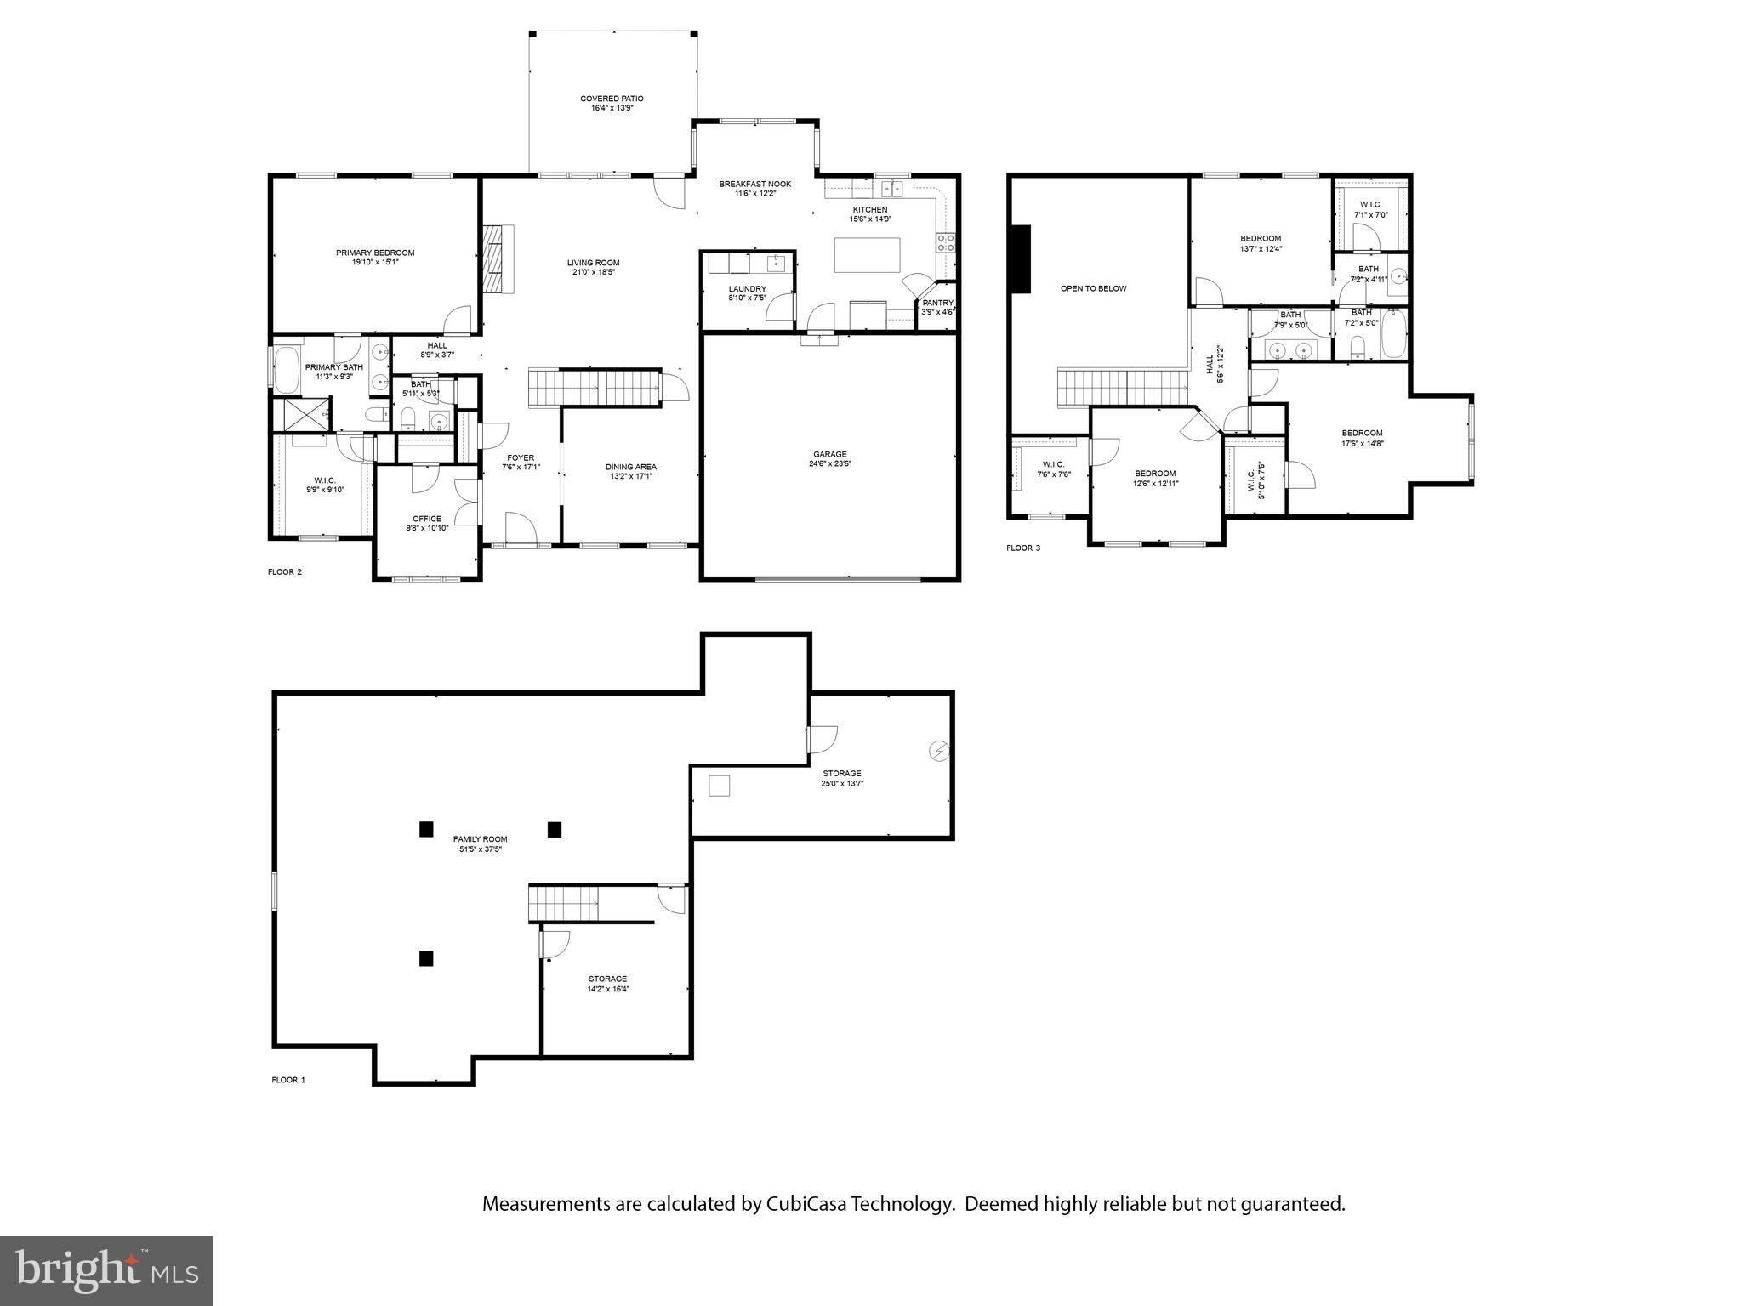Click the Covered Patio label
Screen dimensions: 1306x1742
[x=612, y=99]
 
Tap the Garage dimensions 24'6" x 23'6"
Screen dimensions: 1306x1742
[x=829, y=464]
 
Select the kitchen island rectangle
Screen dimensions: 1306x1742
[x=867, y=255]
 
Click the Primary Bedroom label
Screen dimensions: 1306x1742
[x=375, y=253]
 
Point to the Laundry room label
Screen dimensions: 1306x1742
[x=747, y=289]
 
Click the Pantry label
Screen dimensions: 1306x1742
[x=938, y=303]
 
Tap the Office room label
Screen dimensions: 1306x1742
[x=427, y=519]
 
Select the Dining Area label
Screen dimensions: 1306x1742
[x=630, y=467]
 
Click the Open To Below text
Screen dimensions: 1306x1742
[x=1093, y=288]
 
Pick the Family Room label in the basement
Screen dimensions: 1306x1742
[x=480, y=839]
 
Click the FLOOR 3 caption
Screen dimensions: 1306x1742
[x=1022, y=548]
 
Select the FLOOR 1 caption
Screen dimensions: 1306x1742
[x=288, y=1080]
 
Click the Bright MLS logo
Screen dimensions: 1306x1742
[x=106, y=1270]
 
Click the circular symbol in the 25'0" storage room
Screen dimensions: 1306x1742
[x=938, y=752]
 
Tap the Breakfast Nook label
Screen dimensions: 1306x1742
[x=754, y=184]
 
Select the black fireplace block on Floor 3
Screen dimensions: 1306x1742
[x=1020, y=259]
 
